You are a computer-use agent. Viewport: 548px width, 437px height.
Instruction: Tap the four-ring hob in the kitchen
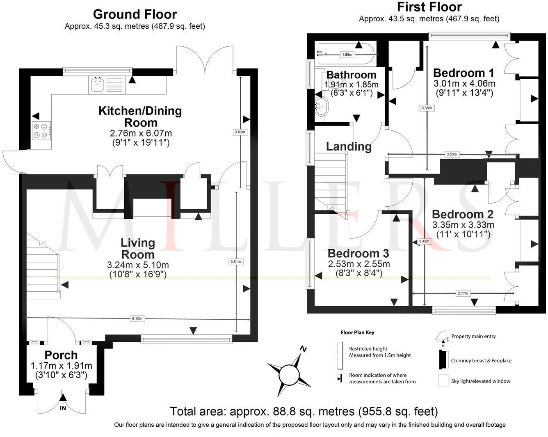coord(41,131)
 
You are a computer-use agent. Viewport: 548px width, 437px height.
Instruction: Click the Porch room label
coord(61,355)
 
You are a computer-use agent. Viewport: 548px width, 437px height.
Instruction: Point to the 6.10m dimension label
coord(137,318)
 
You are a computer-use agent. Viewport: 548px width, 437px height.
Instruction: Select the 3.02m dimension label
coord(240,132)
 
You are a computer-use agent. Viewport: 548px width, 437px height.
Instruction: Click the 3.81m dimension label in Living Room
coord(236,261)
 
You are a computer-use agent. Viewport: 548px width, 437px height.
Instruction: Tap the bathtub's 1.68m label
coord(347,55)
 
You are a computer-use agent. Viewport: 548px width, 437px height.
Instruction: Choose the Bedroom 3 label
coord(358,253)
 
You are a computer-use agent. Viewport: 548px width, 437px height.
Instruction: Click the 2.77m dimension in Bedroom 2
coord(462,293)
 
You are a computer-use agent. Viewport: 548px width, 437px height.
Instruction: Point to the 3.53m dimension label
coord(452,154)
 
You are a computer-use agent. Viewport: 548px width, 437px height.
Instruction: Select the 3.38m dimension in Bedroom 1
coord(427,108)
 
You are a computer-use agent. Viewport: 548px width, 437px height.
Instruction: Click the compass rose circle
coord(288,374)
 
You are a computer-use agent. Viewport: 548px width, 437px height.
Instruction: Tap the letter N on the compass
coord(304,349)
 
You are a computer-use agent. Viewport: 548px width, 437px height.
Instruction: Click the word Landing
coord(349,146)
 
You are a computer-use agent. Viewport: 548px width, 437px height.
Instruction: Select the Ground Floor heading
coord(135,14)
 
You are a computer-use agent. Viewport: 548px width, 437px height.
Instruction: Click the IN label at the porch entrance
coord(63,409)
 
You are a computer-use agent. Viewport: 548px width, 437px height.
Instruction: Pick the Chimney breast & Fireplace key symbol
coord(443,361)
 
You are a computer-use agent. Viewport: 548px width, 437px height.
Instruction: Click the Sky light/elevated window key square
coord(443,381)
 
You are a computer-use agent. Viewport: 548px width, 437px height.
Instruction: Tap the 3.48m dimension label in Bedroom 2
coord(424,241)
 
